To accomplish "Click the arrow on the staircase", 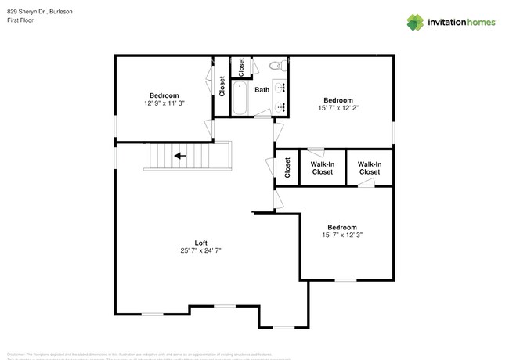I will click(x=179, y=156).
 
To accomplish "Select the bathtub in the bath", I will click(x=241, y=99).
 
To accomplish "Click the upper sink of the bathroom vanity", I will click(x=280, y=85).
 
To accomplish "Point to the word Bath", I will click(x=262, y=90).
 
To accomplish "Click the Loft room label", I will click(x=201, y=242).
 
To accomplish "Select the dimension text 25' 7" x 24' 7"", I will click(x=201, y=250).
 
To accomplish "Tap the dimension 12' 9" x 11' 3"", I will click(x=164, y=103).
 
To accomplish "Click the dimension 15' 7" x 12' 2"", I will click(x=338, y=108).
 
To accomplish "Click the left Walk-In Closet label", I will click(x=322, y=167).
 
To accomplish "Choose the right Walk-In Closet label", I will click(x=369, y=167).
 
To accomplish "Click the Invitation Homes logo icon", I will click(x=415, y=23).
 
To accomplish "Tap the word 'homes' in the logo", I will click(x=478, y=23).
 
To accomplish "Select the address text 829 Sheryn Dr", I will click(x=27, y=12).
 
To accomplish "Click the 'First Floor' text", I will click(x=20, y=20).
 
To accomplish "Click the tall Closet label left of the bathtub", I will click(x=222, y=85).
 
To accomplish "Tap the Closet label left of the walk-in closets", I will click(x=287, y=167).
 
